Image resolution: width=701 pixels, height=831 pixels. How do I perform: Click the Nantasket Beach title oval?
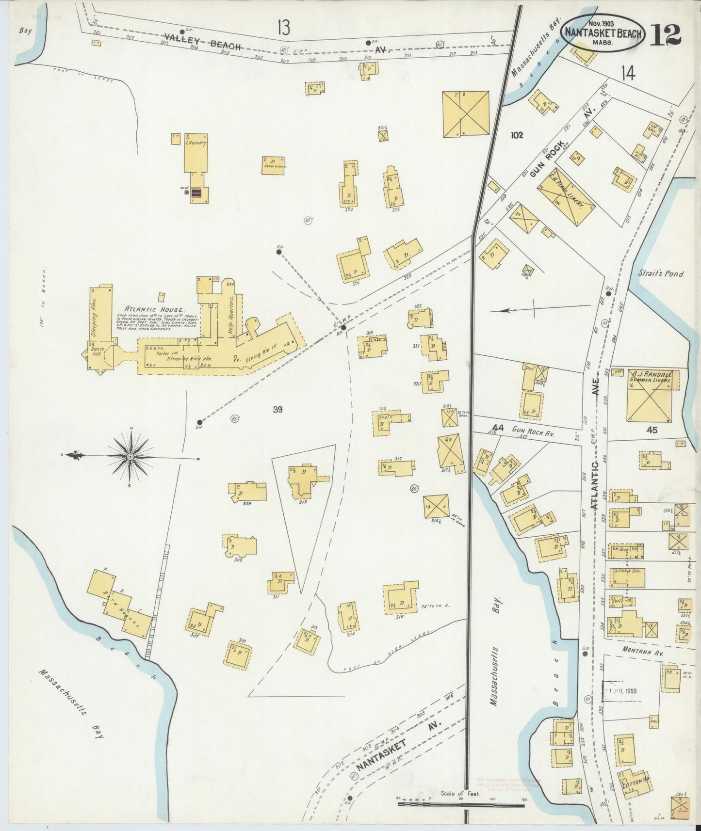603,33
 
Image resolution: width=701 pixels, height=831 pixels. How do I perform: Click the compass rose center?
131,457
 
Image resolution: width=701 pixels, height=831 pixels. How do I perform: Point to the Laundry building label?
196,144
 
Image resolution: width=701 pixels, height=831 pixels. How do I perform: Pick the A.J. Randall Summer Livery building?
650,396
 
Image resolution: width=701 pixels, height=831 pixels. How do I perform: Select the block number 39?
277,410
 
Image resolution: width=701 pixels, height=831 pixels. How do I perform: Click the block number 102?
516,135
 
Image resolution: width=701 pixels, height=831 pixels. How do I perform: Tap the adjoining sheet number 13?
284,28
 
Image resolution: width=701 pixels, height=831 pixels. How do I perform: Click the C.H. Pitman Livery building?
566,197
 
